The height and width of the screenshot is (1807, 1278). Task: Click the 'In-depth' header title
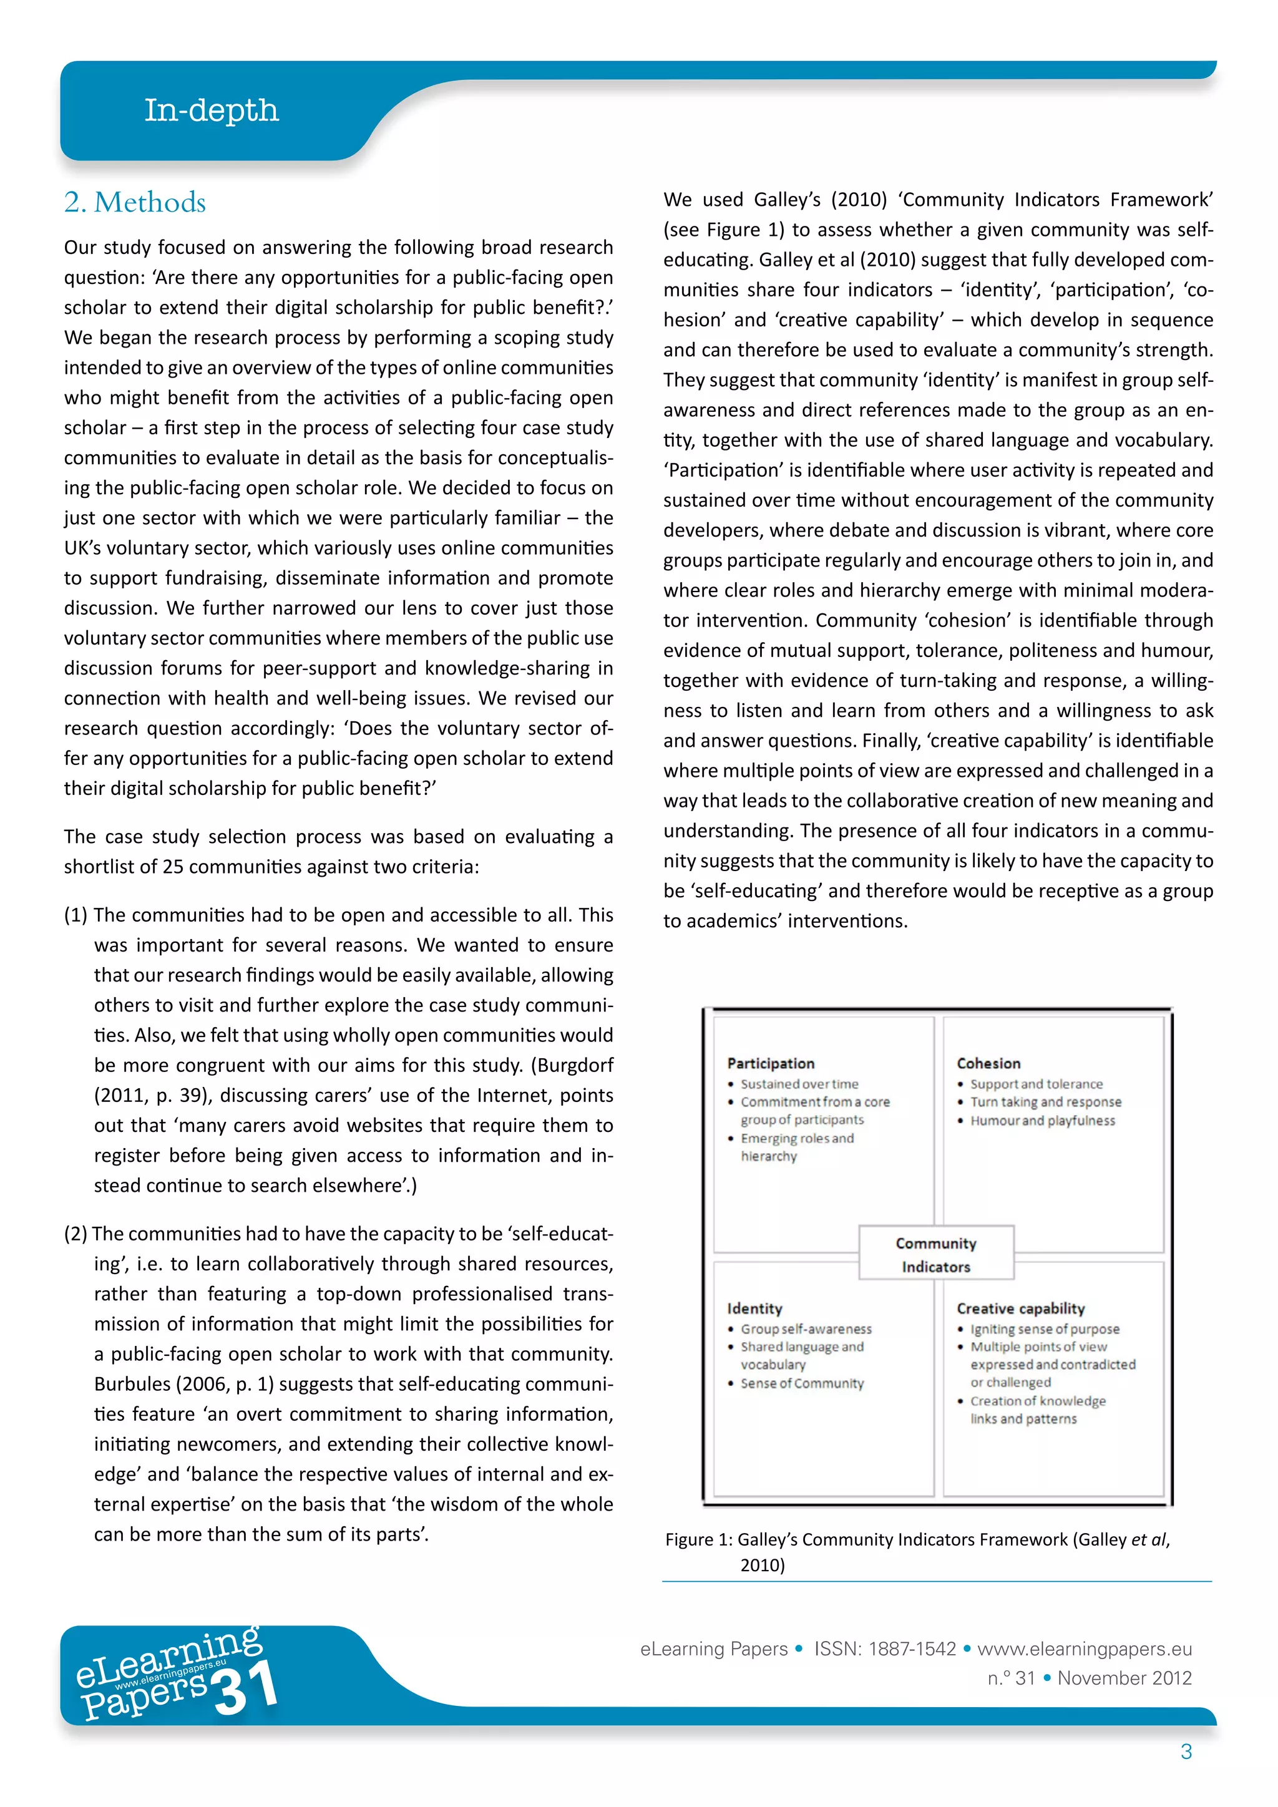[211, 111]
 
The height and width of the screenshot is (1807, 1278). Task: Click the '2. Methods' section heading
[135, 203]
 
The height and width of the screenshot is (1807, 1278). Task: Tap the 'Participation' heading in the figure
[771, 1063]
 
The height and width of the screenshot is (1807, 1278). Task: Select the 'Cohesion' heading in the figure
[988, 1063]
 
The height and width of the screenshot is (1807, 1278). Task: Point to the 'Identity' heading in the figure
[754, 1309]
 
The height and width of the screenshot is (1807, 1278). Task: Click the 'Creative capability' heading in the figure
[1021, 1309]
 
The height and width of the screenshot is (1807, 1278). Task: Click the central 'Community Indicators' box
[935, 1255]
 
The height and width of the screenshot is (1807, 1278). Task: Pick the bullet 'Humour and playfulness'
[1042, 1121]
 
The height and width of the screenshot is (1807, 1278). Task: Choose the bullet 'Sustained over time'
[799, 1084]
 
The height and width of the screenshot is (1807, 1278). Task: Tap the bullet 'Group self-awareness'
[806, 1328]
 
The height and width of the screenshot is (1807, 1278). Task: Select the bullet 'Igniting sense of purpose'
[1044, 1328]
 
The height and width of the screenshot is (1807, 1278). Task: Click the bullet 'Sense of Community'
[802, 1383]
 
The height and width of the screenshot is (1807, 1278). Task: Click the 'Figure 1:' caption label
[698, 1540]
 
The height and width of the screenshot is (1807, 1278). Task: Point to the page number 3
[1186, 1752]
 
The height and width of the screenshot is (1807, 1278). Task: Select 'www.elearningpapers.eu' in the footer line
[1085, 1649]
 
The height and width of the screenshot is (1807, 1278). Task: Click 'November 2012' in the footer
[1124, 1678]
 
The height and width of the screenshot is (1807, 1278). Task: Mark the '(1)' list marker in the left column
[76, 915]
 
